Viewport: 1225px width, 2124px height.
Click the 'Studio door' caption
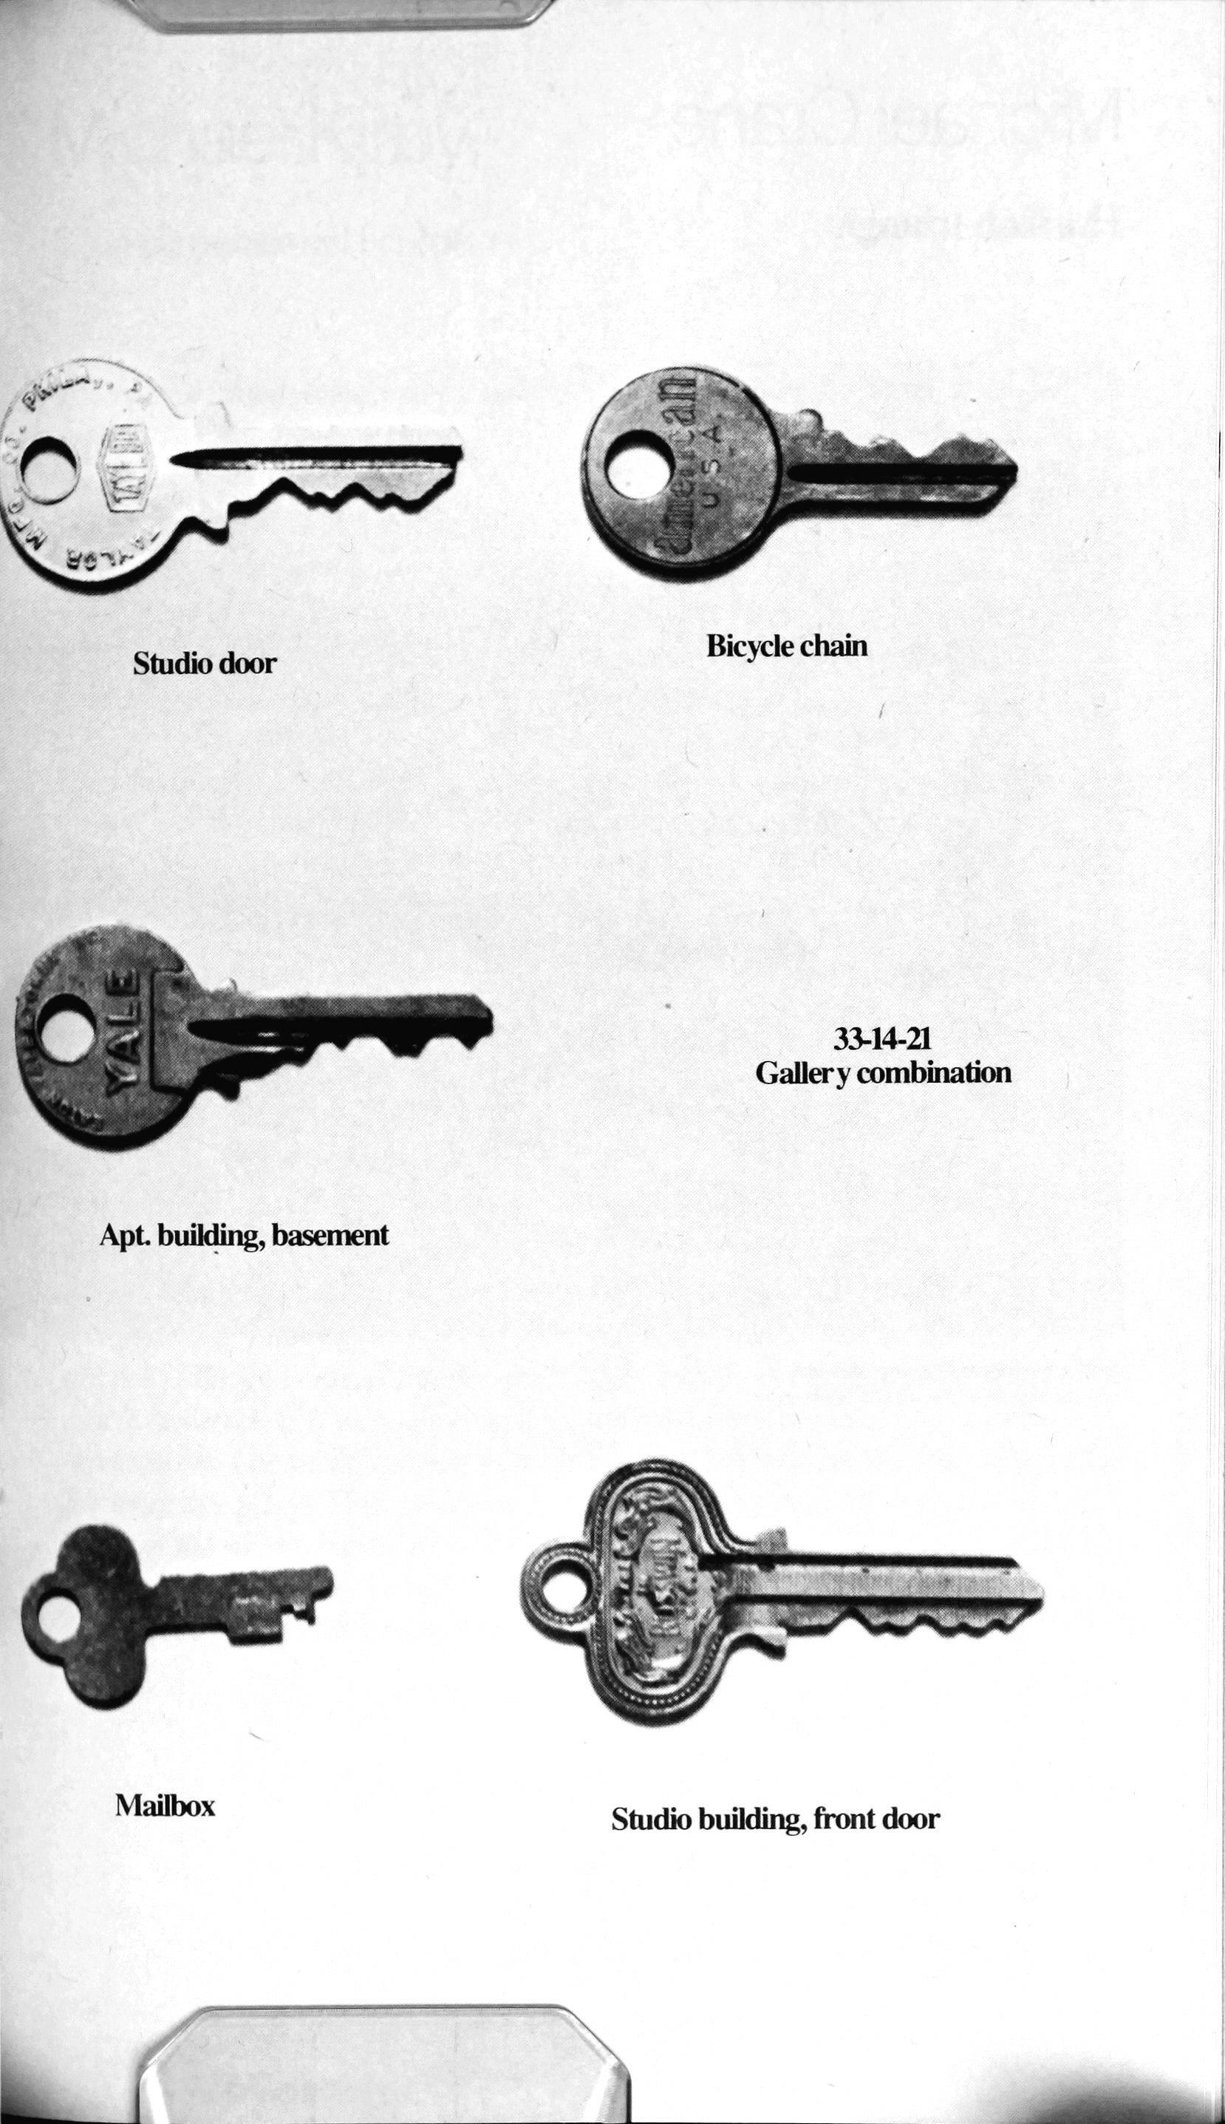tap(205, 663)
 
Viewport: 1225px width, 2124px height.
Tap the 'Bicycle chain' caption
tap(787, 646)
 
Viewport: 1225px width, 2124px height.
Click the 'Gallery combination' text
tap(883, 1073)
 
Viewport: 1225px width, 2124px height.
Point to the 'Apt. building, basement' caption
tap(244, 1236)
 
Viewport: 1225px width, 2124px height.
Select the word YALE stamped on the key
tap(121, 1030)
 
